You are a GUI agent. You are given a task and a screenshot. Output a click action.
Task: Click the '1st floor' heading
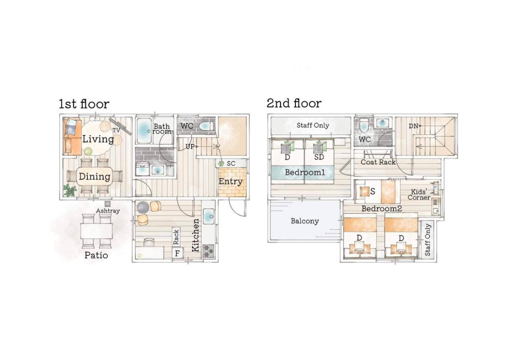tap(84, 104)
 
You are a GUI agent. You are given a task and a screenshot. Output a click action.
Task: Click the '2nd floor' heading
tap(294, 103)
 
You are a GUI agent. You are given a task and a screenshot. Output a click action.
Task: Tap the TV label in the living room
tap(116, 130)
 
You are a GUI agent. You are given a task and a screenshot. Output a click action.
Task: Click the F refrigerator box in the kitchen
tap(177, 253)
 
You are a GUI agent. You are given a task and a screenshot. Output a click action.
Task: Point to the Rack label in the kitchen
tap(176, 237)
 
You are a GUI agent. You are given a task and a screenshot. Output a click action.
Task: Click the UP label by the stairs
tap(190, 147)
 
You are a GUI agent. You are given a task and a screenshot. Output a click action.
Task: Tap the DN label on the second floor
tap(414, 126)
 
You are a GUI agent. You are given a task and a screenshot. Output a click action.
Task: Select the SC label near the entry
tap(231, 164)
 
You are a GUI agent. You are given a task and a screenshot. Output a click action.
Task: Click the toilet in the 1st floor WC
tap(206, 127)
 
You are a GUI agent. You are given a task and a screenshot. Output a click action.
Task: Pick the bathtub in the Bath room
tap(144, 131)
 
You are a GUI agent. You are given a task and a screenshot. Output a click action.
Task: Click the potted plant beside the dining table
tap(70, 191)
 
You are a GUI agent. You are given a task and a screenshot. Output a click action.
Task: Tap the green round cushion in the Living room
tap(88, 152)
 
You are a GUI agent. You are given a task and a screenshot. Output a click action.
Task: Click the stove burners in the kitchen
tap(209, 251)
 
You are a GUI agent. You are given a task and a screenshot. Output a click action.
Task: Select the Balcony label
tap(305, 221)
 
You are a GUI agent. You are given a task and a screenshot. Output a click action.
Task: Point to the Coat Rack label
tap(378, 162)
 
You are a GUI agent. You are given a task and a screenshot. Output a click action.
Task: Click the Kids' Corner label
tap(419, 195)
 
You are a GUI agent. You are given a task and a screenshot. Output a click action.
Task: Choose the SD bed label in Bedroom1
tap(319, 157)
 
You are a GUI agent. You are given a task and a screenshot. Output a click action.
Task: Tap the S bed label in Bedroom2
tap(373, 191)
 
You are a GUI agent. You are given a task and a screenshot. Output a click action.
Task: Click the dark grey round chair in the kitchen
tap(143, 207)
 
